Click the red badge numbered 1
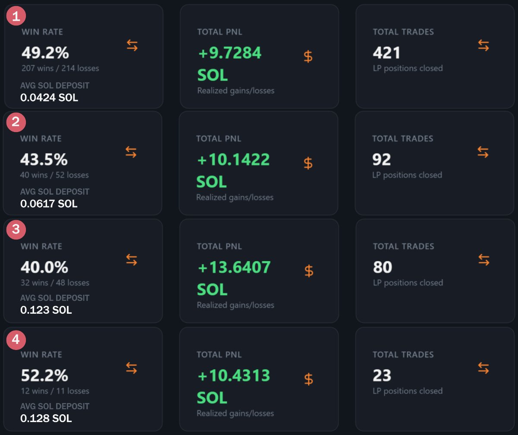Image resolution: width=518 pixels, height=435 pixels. point(16,16)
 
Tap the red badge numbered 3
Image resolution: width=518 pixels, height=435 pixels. point(16,229)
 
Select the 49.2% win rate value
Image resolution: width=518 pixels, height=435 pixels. point(45,53)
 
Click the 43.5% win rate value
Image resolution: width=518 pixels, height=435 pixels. point(44,160)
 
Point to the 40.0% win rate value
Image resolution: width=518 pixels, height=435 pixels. point(44,268)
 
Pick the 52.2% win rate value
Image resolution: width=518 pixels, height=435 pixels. point(44,375)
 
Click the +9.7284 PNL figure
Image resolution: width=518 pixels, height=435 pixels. point(230,53)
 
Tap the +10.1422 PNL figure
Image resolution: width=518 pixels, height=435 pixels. point(233,160)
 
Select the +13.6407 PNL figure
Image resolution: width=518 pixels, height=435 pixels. point(234,268)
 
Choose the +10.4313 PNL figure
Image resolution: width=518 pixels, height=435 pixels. point(234,375)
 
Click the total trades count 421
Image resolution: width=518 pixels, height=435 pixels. point(387,53)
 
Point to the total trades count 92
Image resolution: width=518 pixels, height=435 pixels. point(382,160)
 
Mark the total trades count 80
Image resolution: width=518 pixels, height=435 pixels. point(382,268)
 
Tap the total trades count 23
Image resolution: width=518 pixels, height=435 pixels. point(382,375)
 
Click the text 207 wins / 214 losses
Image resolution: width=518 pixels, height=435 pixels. point(60,68)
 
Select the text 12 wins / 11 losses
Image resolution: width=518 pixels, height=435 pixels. point(55,391)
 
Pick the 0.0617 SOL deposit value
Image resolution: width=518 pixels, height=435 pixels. point(49,203)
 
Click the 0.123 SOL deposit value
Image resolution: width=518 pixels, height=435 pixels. point(46,310)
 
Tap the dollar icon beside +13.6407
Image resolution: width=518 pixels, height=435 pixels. point(309,271)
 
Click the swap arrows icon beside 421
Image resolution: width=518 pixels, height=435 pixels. point(483,45)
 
